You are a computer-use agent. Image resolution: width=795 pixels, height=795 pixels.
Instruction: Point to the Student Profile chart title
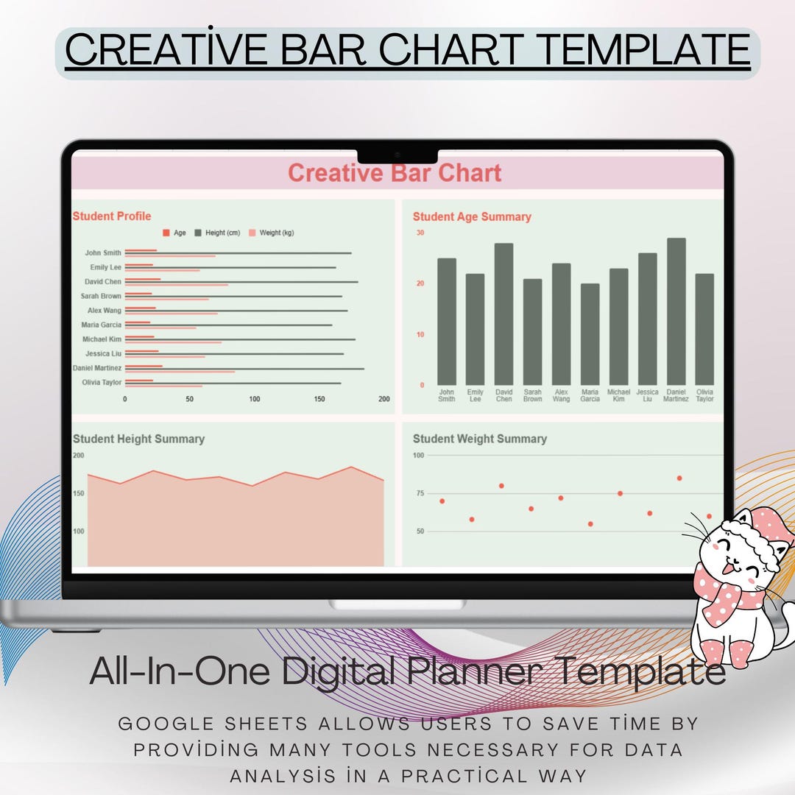point(112,216)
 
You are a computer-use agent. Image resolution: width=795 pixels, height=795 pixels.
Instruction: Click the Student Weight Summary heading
point(479,439)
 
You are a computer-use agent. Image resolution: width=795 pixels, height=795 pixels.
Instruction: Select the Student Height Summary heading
point(138,439)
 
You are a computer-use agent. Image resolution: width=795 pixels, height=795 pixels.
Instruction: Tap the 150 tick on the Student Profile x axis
point(319,399)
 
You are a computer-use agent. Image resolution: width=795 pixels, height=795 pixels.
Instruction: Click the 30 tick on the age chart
point(420,233)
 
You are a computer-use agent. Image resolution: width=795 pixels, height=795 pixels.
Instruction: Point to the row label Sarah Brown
point(101,296)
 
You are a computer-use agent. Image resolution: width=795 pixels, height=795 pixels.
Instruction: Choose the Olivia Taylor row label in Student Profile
point(102,382)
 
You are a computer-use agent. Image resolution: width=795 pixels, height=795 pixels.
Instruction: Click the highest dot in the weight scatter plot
point(679,478)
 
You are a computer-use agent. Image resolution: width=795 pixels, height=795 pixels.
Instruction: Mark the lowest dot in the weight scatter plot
point(590,524)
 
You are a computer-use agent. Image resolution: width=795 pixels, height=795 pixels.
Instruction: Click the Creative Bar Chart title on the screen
point(395,174)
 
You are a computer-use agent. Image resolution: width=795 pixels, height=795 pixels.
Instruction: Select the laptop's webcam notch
point(397,155)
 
